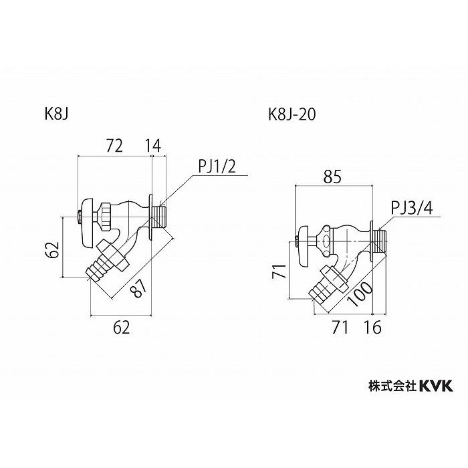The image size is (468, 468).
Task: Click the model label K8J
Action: coord(57,114)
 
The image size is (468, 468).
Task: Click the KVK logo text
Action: coord(436,386)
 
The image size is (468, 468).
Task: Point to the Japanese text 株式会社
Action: coord(392,386)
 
